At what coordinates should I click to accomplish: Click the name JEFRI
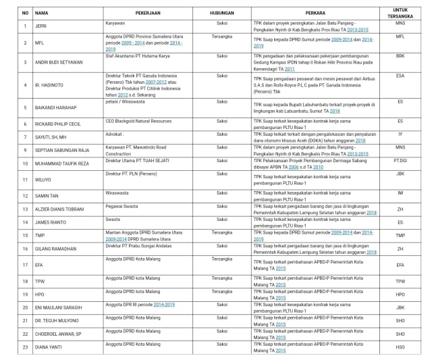(40, 26)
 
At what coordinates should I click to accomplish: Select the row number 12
(24, 195)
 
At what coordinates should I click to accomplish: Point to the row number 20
(24, 307)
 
